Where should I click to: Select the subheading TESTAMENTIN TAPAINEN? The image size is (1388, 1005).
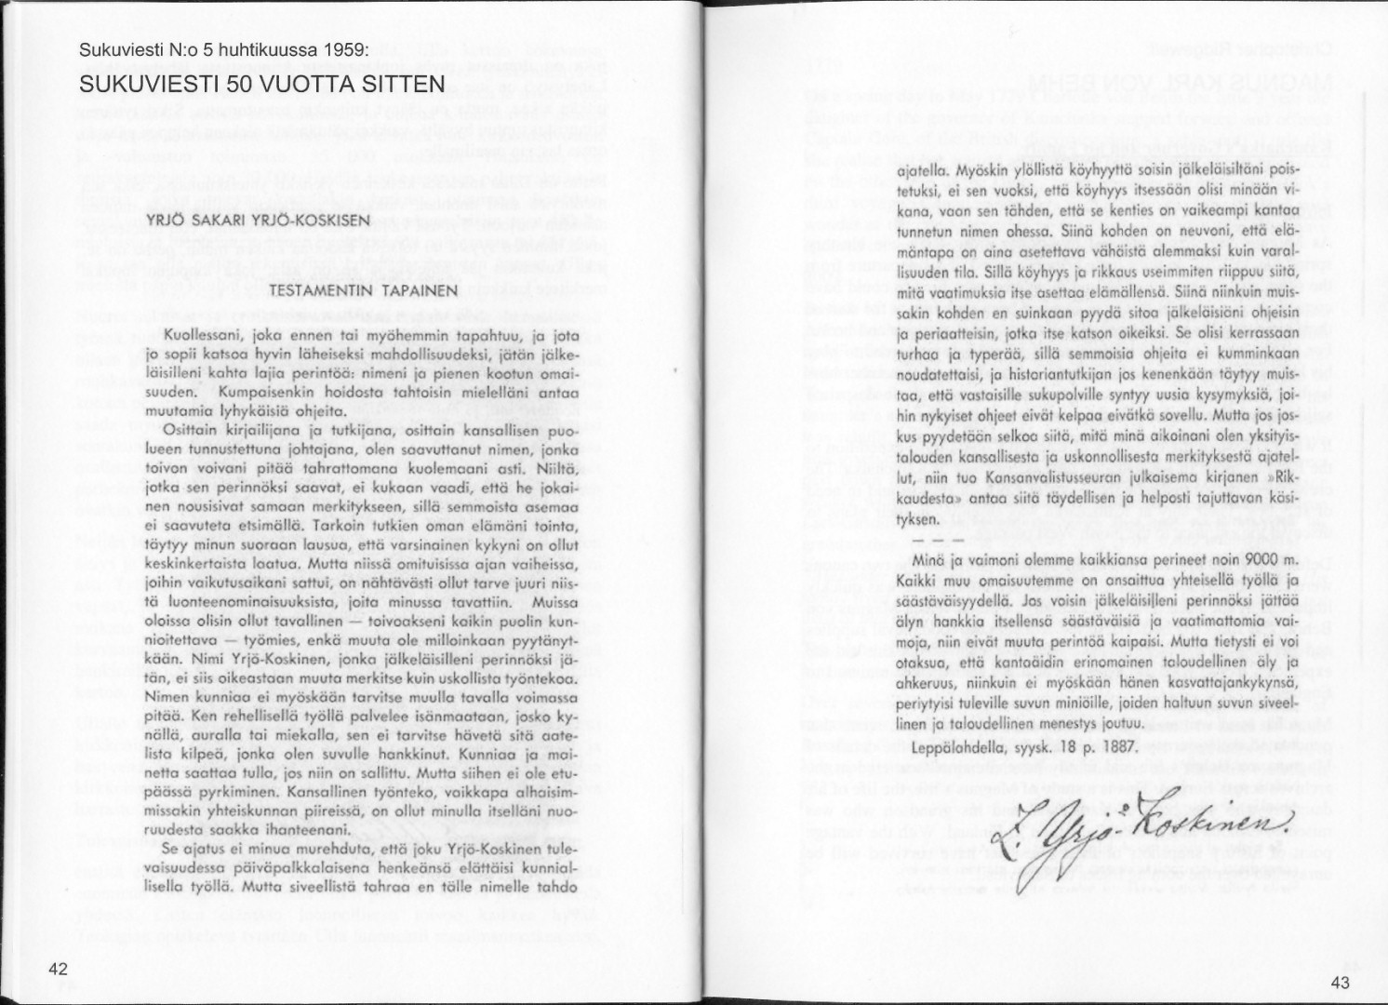364,290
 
